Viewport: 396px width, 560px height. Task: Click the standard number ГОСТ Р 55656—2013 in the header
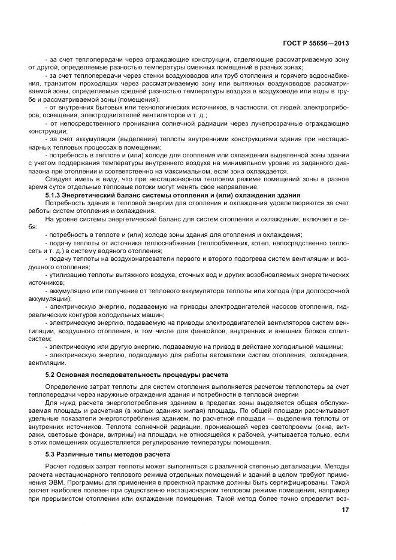tap(316, 43)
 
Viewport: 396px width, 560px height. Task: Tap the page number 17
tap(345, 510)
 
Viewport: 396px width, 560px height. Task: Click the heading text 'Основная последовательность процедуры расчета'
tap(143, 374)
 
